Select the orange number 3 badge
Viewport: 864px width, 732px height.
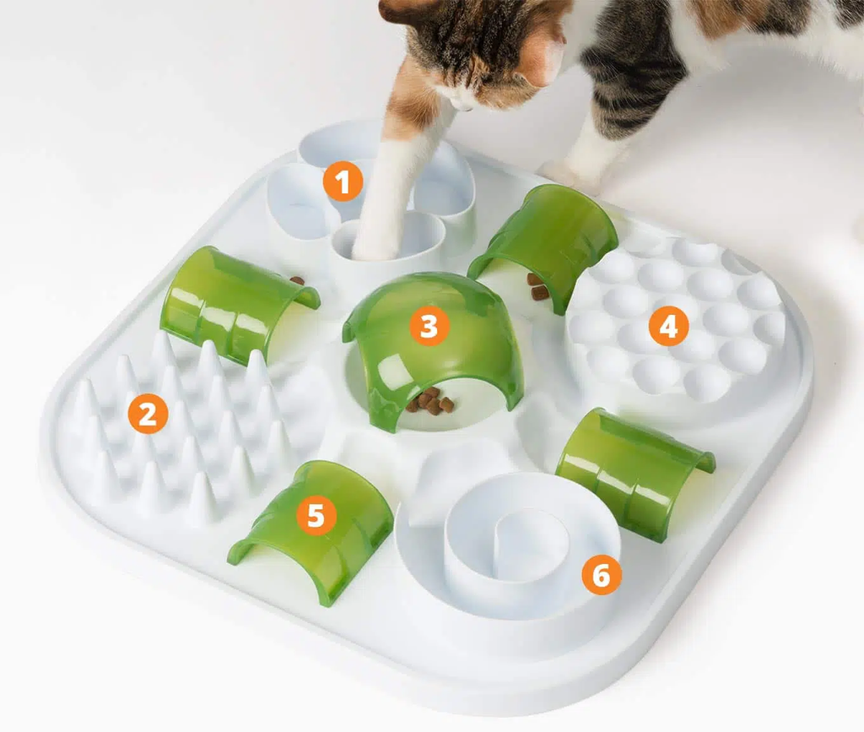point(429,326)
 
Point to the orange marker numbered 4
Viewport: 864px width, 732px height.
point(668,326)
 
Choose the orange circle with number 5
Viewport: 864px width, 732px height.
point(316,515)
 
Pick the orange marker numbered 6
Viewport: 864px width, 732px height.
point(602,574)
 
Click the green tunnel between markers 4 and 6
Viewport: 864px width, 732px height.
point(634,471)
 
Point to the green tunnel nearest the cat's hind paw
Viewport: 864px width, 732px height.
point(546,242)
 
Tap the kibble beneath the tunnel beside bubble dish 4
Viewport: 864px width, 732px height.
point(537,286)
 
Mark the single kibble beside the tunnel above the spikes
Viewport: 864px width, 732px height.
point(297,280)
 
